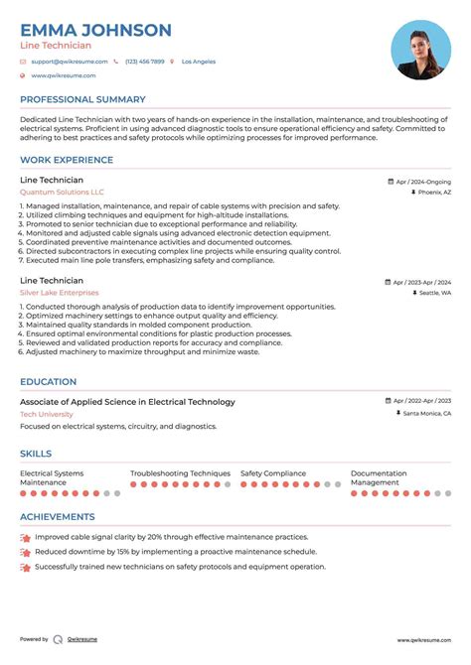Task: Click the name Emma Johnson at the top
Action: [95, 30]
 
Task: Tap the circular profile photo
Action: [421, 51]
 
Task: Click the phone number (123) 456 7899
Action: [144, 62]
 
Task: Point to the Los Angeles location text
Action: [199, 62]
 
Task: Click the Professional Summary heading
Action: [81, 99]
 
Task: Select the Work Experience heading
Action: [67, 160]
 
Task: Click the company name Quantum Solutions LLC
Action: [62, 192]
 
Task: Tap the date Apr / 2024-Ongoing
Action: [423, 182]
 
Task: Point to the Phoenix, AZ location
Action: [434, 193]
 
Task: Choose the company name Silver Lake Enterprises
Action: [60, 293]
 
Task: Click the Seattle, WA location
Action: [435, 294]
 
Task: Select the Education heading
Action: [48, 381]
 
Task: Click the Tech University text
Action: [47, 414]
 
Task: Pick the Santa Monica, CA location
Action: [427, 413]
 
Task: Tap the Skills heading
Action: [36, 453]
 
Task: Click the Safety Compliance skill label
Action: [272, 473]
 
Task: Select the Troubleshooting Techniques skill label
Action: [180, 473]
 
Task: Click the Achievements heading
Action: [58, 516]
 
